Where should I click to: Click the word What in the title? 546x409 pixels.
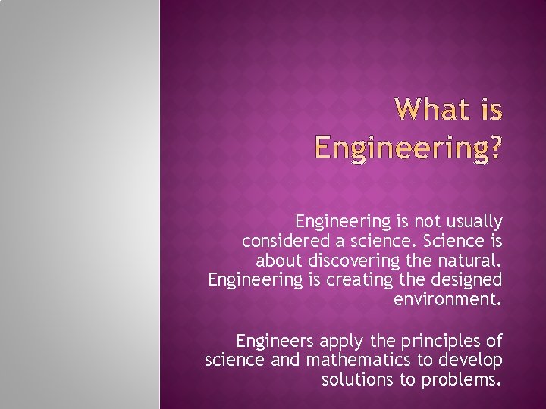click(x=431, y=111)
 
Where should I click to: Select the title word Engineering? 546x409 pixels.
click(x=407, y=147)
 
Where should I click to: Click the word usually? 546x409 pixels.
click(x=473, y=222)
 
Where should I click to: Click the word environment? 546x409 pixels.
click(x=447, y=299)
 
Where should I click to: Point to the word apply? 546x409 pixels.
click(x=330, y=340)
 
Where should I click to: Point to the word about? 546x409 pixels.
click(x=279, y=261)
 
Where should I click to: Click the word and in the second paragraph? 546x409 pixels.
click(x=285, y=359)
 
